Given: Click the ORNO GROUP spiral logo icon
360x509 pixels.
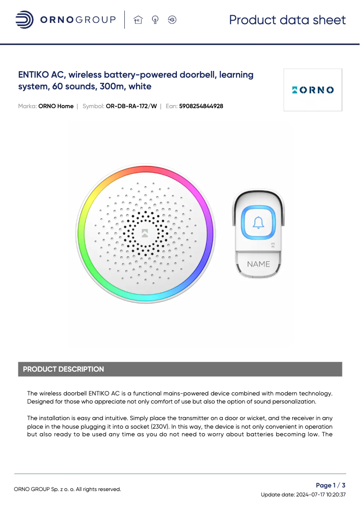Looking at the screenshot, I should click(24, 20).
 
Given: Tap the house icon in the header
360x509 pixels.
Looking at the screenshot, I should click(138, 20).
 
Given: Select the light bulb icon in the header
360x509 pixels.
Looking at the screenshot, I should click(155, 20).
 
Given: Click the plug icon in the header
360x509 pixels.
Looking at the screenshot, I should click(172, 20).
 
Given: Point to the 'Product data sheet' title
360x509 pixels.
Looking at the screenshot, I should click(287, 20).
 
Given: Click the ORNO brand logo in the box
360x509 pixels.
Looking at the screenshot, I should click(313, 90).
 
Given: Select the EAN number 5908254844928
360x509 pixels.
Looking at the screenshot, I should click(201, 106).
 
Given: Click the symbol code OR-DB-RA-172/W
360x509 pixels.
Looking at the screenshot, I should click(132, 106).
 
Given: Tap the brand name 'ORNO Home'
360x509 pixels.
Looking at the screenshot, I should click(56, 106).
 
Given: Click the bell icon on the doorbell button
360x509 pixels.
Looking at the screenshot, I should click(258, 223).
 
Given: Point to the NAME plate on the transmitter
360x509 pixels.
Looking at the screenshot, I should click(259, 264).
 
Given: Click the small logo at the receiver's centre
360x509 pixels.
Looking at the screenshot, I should click(145, 233).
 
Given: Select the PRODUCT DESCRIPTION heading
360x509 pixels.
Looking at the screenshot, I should click(63, 369).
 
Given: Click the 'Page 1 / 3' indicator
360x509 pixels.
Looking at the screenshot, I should click(330, 485).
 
